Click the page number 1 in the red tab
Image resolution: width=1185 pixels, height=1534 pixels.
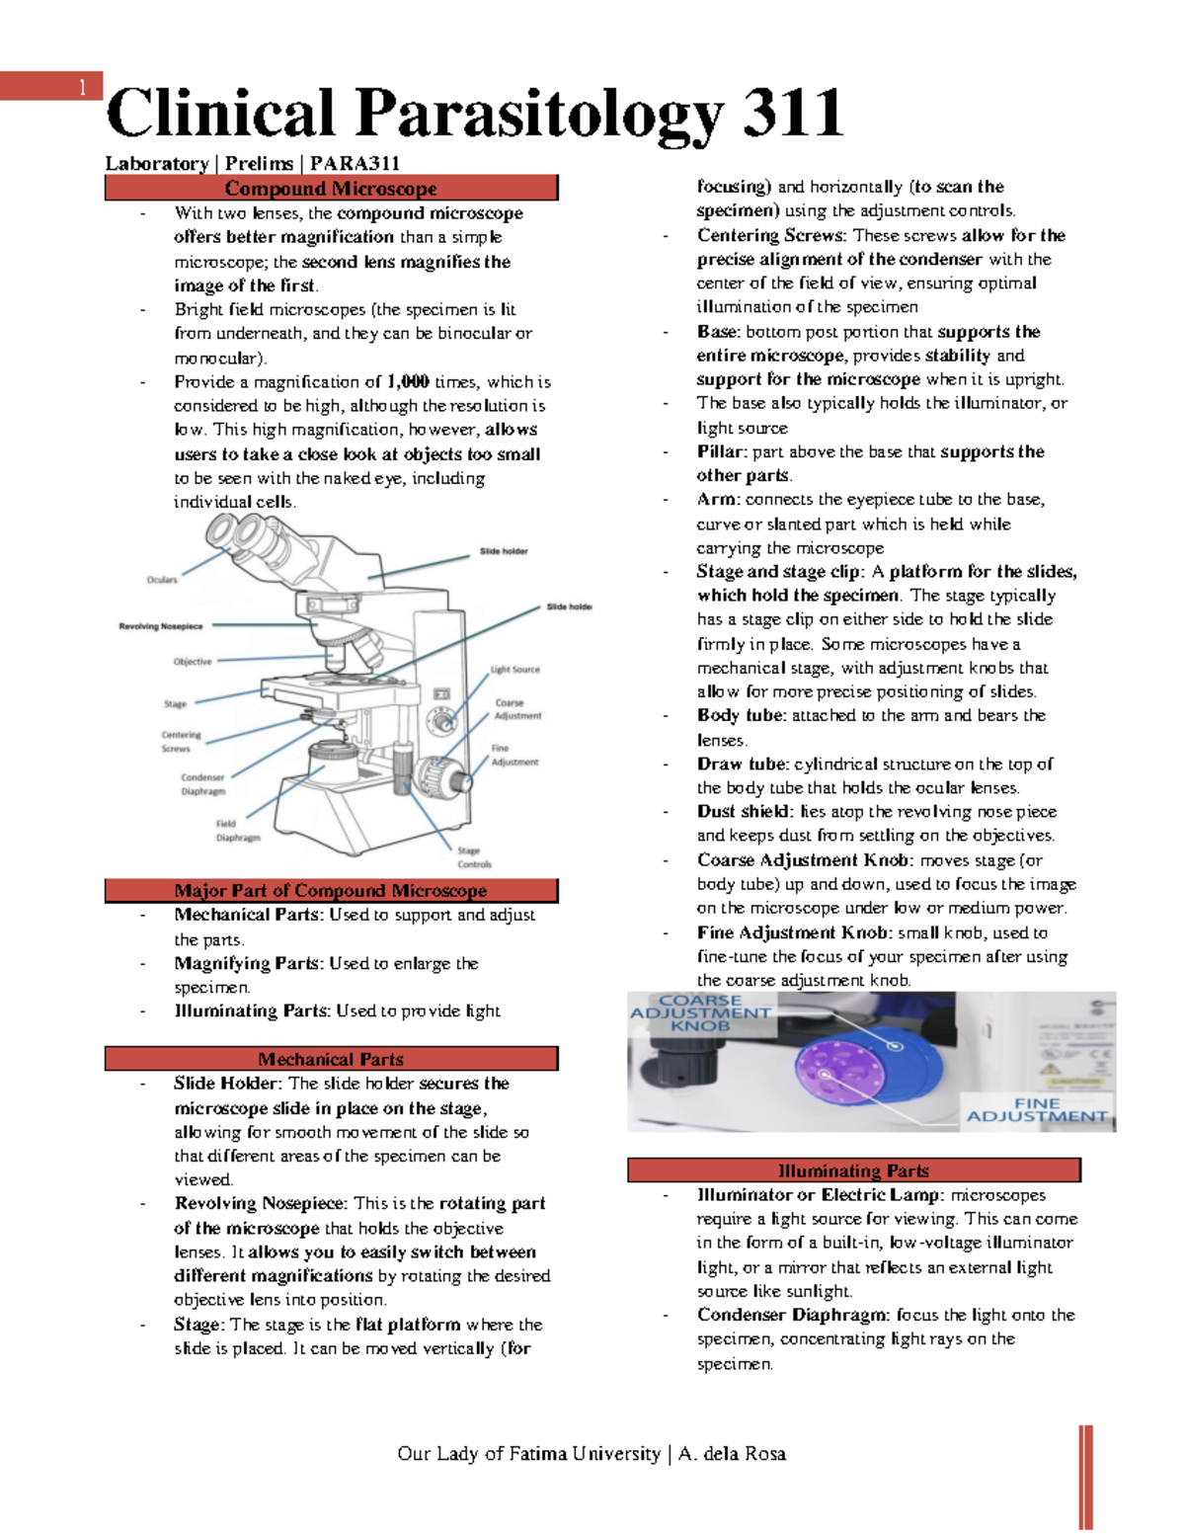pyautogui.click(x=82, y=88)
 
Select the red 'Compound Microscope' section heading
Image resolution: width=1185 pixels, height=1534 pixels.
pyautogui.click(x=331, y=188)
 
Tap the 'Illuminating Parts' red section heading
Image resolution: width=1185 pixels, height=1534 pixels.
pyautogui.click(x=853, y=1171)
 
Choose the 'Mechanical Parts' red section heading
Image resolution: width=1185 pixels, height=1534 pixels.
pyautogui.click(x=331, y=1059)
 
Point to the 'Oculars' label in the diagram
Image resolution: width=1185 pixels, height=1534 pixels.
pyautogui.click(x=162, y=580)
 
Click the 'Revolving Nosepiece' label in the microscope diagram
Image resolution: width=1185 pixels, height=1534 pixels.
pyautogui.click(x=161, y=626)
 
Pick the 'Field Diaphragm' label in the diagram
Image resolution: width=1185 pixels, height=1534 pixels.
pyautogui.click(x=237, y=831)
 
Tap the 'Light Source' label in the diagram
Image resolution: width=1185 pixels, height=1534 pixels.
pyautogui.click(x=515, y=670)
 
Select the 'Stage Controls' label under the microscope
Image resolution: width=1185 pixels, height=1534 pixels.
pyautogui.click(x=474, y=857)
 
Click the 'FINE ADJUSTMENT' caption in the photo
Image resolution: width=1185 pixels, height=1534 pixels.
pyautogui.click(x=1037, y=1110)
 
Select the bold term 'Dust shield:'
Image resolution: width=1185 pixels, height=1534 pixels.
pyautogui.click(x=745, y=811)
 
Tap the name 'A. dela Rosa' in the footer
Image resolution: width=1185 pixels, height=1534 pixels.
pyautogui.click(x=732, y=1453)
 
